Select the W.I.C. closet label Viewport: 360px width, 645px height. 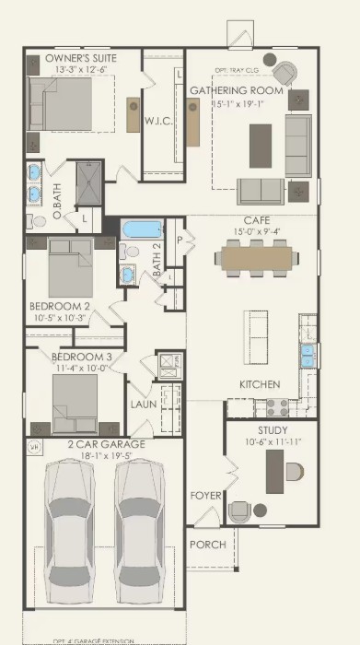click(155, 121)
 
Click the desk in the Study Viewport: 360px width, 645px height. click(273, 473)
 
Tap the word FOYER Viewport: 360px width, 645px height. click(205, 496)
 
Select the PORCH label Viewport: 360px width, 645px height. click(207, 545)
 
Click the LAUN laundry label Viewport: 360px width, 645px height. click(142, 404)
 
